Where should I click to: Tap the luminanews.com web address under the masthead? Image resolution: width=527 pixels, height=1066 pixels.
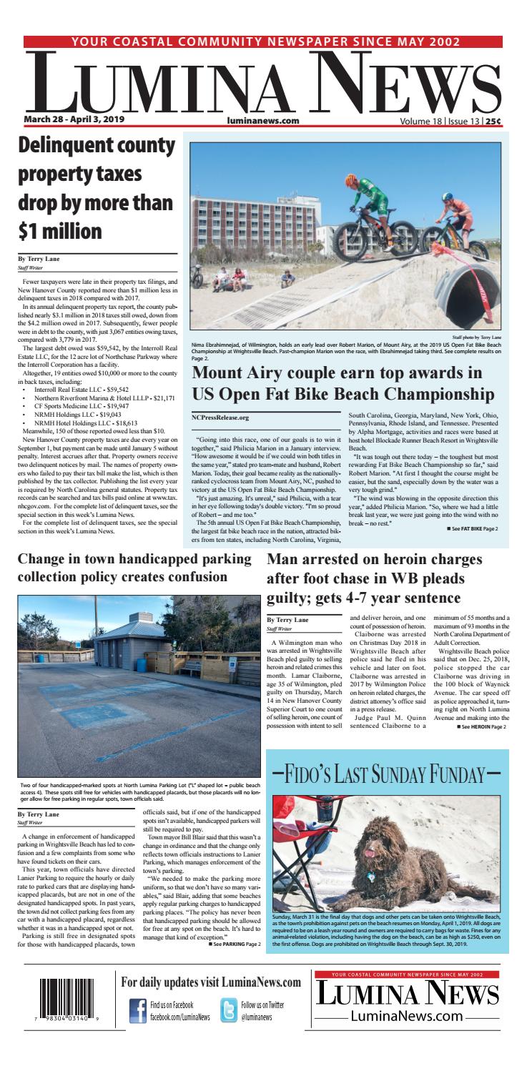pyautogui.click(x=262, y=121)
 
